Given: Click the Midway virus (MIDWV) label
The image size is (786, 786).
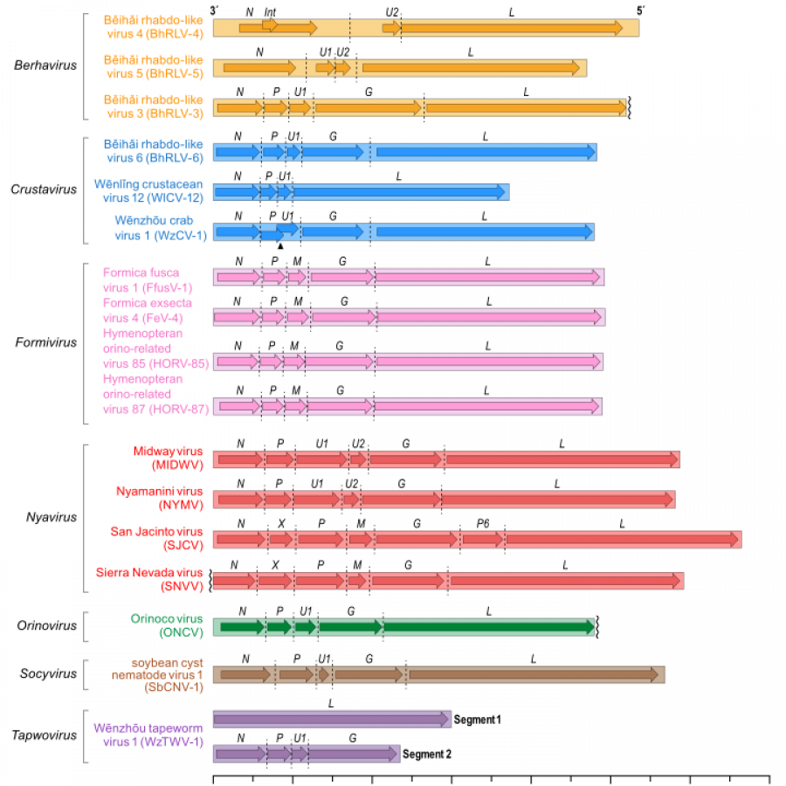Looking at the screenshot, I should (168, 458).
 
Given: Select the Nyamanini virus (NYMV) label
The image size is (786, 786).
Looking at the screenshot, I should (160, 498).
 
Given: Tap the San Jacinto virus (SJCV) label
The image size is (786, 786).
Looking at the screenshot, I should (157, 538).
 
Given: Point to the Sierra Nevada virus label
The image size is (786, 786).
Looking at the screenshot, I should (149, 580).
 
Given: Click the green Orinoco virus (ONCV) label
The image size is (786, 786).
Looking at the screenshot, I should (167, 625).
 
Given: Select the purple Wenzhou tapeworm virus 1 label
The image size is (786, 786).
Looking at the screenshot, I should (148, 735).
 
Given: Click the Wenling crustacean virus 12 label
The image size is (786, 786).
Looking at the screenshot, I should (148, 190).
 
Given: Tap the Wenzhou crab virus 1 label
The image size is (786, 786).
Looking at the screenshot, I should (159, 228).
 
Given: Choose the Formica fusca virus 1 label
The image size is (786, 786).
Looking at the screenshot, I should (147, 279).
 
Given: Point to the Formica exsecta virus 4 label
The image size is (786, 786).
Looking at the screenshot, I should (147, 310).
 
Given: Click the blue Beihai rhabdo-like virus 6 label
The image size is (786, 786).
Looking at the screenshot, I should (153, 150).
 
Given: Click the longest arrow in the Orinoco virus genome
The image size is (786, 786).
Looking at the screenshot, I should (487, 626).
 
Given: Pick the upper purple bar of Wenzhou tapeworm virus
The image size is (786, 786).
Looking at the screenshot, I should (332, 719).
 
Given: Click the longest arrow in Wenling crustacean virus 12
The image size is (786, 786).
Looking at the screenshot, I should (400, 192).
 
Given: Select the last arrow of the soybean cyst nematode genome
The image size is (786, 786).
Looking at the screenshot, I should (533, 674).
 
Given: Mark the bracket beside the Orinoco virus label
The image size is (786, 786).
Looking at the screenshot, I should (86, 626).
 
